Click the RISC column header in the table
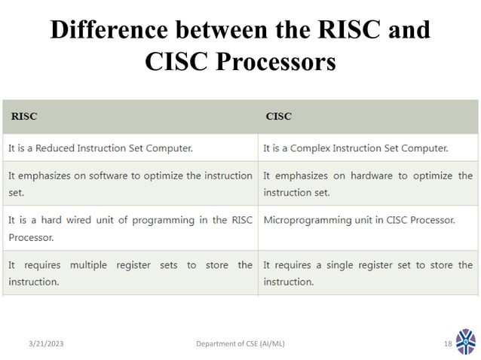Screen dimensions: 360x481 pyautogui.click(x=23, y=117)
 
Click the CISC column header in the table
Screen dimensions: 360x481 pyautogui.click(x=278, y=117)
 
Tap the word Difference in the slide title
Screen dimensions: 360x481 pyautogui.click(x=108, y=29)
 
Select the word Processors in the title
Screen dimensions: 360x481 pyautogui.click(x=276, y=62)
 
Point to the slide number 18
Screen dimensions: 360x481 pyautogui.click(x=447, y=343)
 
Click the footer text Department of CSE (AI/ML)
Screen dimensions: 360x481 pyautogui.click(x=240, y=343)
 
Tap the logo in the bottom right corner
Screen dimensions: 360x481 pyautogui.click(x=466, y=342)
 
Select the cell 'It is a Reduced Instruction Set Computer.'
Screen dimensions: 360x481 pyautogui.click(x=100, y=148)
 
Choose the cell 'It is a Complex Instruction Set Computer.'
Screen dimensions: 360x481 pyautogui.click(x=356, y=148)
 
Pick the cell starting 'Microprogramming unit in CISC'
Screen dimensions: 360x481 pyautogui.click(x=359, y=221)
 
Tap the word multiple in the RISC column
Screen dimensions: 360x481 pyautogui.click(x=89, y=265)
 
